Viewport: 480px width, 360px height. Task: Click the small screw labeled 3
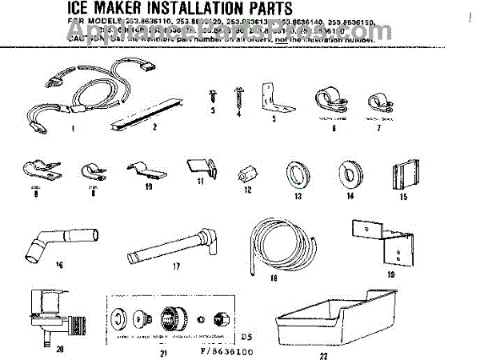point(214,95)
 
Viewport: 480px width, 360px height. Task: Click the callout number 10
point(146,188)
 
